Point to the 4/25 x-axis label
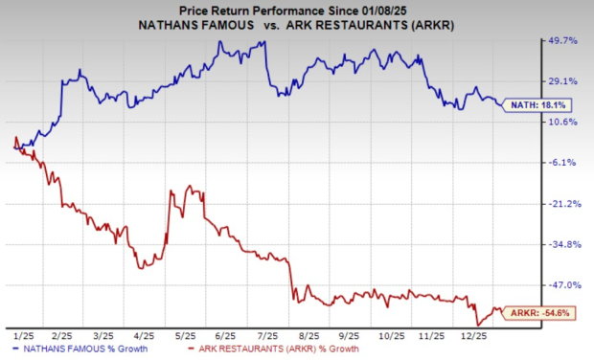(144, 336)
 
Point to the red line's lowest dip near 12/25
(477, 324)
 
